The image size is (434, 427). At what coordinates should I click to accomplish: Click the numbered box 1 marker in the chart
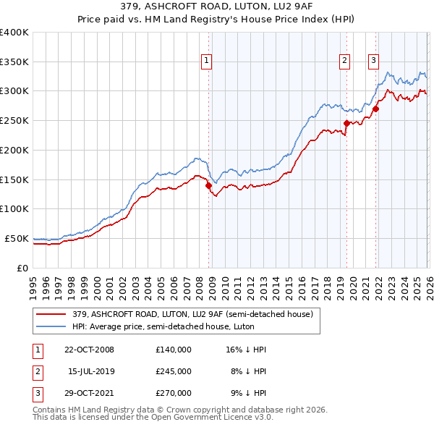pyautogui.click(x=207, y=61)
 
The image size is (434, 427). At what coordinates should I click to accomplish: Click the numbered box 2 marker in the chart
pyautogui.click(x=344, y=61)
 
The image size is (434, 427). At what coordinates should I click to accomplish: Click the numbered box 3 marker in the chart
pyautogui.click(x=374, y=61)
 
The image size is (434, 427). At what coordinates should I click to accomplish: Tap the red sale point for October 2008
pyautogui.click(x=209, y=185)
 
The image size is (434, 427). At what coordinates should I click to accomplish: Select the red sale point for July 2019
pyautogui.click(x=346, y=124)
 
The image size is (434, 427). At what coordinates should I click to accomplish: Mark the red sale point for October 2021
pyautogui.click(x=376, y=109)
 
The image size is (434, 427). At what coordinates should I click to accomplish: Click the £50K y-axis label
pyautogui.click(x=17, y=238)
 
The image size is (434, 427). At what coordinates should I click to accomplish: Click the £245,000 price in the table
pyautogui.click(x=173, y=371)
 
